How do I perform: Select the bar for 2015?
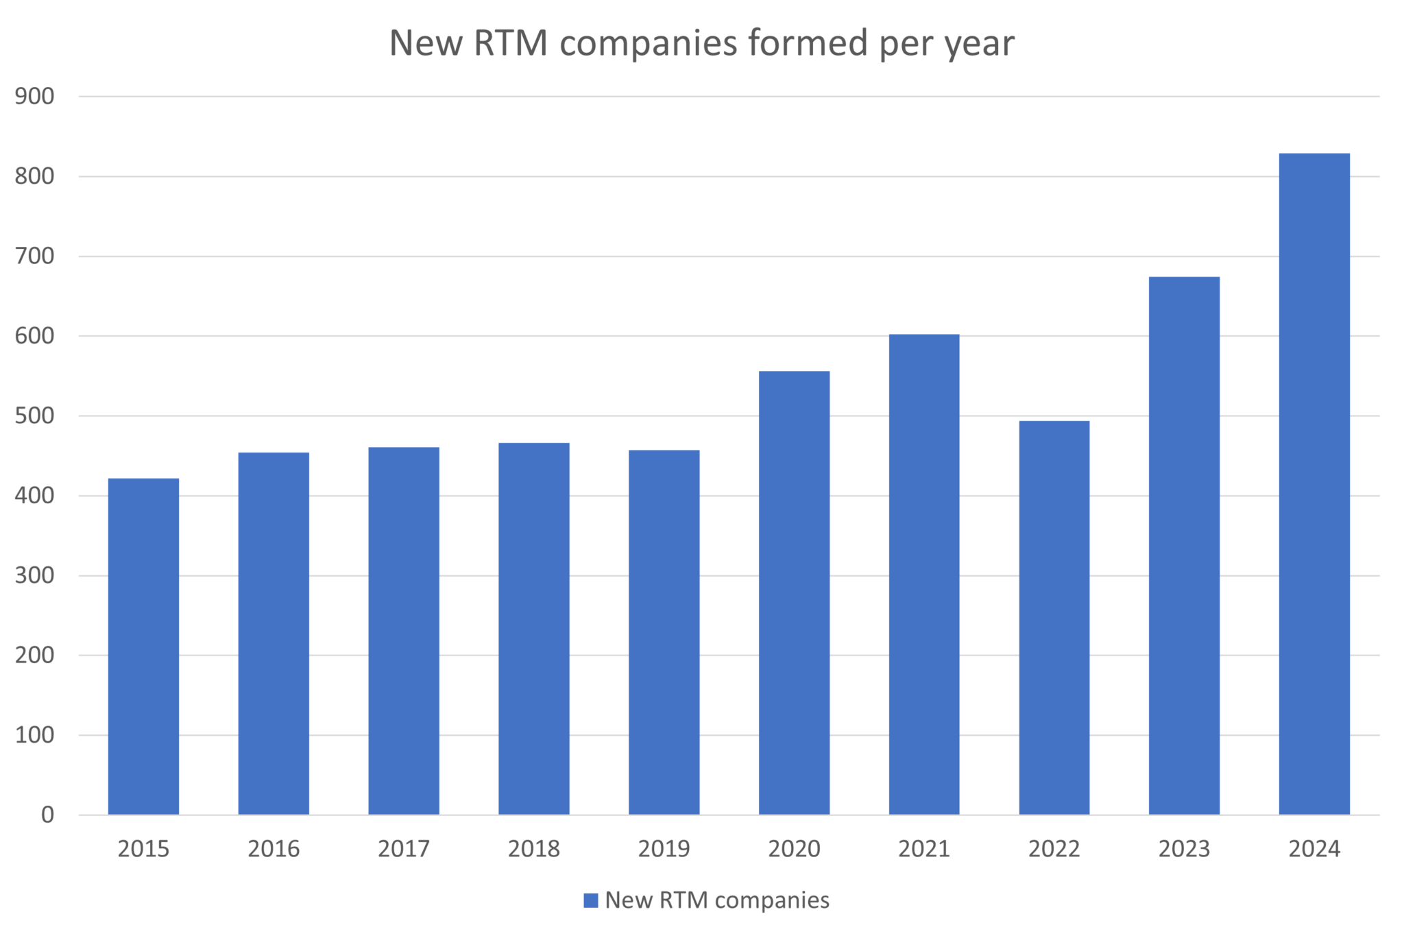(143, 646)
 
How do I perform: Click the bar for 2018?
(534, 629)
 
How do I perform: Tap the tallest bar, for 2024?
(1314, 483)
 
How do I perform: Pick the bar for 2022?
(1054, 617)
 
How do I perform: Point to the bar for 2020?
(794, 592)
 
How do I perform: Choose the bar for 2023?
(1184, 545)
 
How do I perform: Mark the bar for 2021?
(924, 574)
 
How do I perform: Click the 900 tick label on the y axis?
(34, 97)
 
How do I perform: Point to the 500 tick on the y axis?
(34, 416)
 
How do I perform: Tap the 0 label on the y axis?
(47, 815)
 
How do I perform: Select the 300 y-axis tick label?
(34, 575)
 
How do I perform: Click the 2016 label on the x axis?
(274, 849)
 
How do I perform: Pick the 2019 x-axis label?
(664, 849)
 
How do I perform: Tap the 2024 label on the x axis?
(1314, 849)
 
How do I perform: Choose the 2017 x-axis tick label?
(404, 849)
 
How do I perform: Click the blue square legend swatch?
(590, 900)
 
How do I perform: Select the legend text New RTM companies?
(717, 900)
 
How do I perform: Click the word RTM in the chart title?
(511, 43)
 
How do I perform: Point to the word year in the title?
(979, 45)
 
